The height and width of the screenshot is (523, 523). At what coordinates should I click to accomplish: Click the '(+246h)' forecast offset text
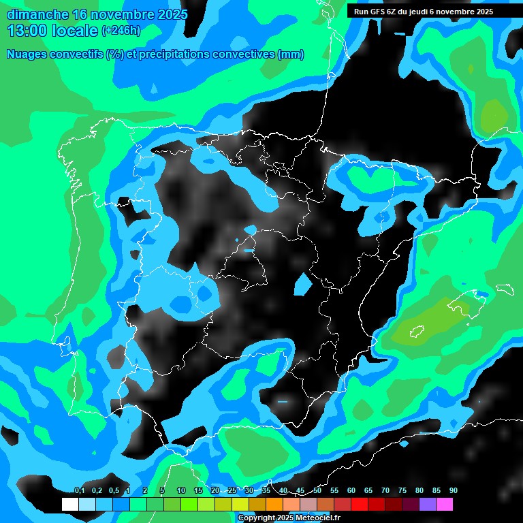pyautogui.click(x=121, y=31)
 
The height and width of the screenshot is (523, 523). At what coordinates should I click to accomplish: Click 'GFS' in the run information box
pyautogui.click(x=377, y=12)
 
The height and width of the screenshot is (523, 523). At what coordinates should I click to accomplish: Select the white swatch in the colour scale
pyautogui.click(x=69, y=504)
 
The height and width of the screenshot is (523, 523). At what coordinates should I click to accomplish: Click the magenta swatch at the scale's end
pyautogui.click(x=445, y=504)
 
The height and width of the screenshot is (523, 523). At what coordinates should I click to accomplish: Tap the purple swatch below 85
pyautogui.click(x=428, y=504)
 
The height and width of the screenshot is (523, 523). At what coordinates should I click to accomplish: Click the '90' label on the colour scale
pyautogui.click(x=453, y=491)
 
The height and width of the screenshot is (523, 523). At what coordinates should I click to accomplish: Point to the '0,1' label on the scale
pyautogui.click(x=80, y=491)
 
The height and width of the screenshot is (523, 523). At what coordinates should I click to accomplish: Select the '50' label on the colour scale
pyautogui.click(x=317, y=491)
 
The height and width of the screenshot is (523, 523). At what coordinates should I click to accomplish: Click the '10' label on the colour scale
pyautogui.click(x=181, y=491)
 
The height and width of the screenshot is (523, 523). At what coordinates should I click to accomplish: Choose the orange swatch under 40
pyautogui.click(x=274, y=504)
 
